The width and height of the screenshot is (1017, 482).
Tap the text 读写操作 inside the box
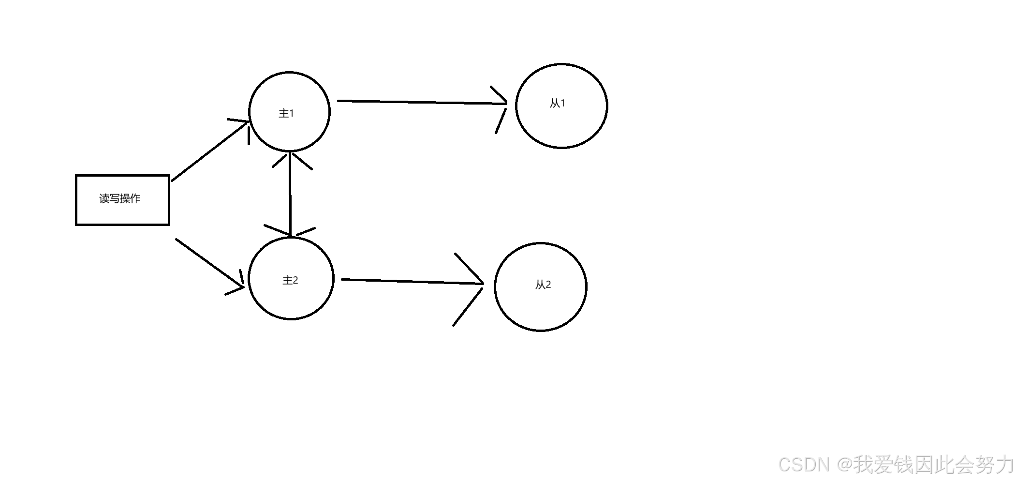(x=120, y=198)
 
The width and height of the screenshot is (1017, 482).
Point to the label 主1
(x=286, y=113)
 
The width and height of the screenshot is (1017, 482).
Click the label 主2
(x=290, y=280)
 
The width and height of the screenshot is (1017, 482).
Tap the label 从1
(x=557, y=103)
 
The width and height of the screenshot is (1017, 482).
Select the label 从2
(x=543, y=285)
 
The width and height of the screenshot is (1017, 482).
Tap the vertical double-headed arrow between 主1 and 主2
(x=290, y=194)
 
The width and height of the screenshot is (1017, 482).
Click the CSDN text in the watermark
(x=803, y=465)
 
